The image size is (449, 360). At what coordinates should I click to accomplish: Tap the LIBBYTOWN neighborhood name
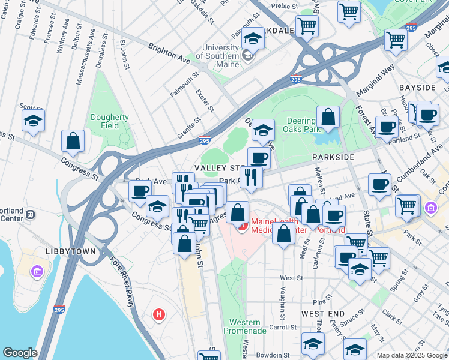tap(70, 251)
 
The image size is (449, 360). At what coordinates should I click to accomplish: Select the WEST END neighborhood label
tap(323, 314)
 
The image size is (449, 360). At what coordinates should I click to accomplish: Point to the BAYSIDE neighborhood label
tap(417, 88)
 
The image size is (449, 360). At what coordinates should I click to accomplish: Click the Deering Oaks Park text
tap(304, 124)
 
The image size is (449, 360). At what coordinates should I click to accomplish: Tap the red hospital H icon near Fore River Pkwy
tap(158, 314)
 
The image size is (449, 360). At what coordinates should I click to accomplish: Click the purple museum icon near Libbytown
tap(38, 272)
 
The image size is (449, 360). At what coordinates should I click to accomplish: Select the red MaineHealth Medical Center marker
tap(243, 226)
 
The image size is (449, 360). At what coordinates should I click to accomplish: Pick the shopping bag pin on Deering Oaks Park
tap(328, 118)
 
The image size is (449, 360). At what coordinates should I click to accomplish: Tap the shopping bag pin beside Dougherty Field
tap(73, 142)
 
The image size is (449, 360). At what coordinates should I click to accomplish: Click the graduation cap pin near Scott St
tap(34, 121)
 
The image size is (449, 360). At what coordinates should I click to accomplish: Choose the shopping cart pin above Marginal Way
tap(396, 40)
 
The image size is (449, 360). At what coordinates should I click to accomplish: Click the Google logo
tap(20, 353)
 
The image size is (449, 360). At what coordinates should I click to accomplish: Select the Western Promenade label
tap(244, 326)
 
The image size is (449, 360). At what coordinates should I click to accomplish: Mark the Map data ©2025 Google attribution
tap(412, 355)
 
